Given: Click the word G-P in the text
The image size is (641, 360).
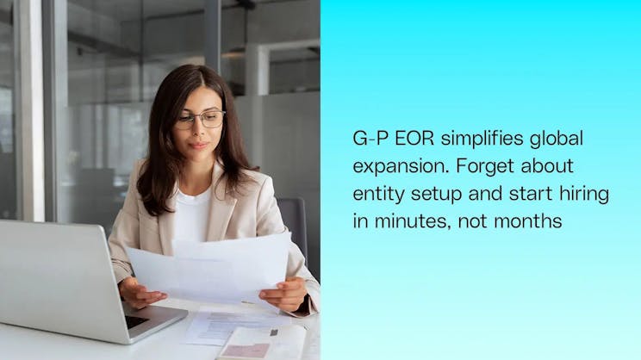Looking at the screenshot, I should (369, 139).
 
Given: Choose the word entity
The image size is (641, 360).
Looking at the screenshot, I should (375, 194).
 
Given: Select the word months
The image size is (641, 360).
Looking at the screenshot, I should (531, 221).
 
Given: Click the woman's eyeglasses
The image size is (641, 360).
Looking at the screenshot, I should (200, 120).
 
